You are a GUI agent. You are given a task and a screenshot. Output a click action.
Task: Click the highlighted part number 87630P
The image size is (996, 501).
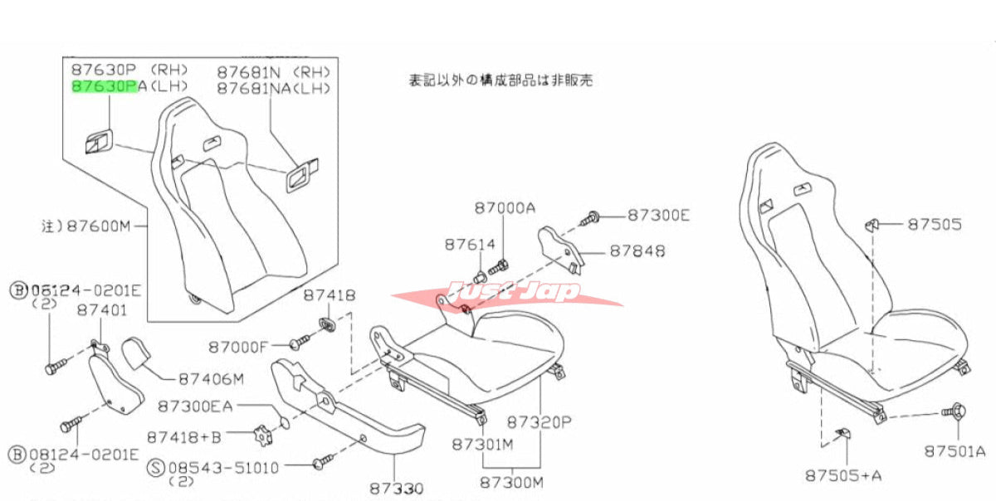click(x=105, y=85)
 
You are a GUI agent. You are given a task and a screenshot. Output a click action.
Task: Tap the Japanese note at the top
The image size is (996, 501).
click(x=500, y=80)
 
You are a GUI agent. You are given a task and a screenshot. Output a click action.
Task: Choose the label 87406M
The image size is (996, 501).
click(x=212, y=380)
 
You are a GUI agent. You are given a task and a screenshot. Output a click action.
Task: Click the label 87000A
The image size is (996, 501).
click(x=505, y=209)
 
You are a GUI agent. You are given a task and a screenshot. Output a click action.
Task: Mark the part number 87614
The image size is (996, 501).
click(x=469, y=245)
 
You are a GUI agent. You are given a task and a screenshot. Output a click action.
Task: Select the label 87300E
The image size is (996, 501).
click(x=658, y=216)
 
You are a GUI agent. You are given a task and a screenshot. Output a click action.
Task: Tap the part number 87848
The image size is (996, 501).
click(x=637, y=250)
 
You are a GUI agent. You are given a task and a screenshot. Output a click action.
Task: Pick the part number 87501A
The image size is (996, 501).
click(x=954, y=451)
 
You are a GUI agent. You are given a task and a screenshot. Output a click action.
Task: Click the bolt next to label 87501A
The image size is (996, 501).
click(x=953, y=411)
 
